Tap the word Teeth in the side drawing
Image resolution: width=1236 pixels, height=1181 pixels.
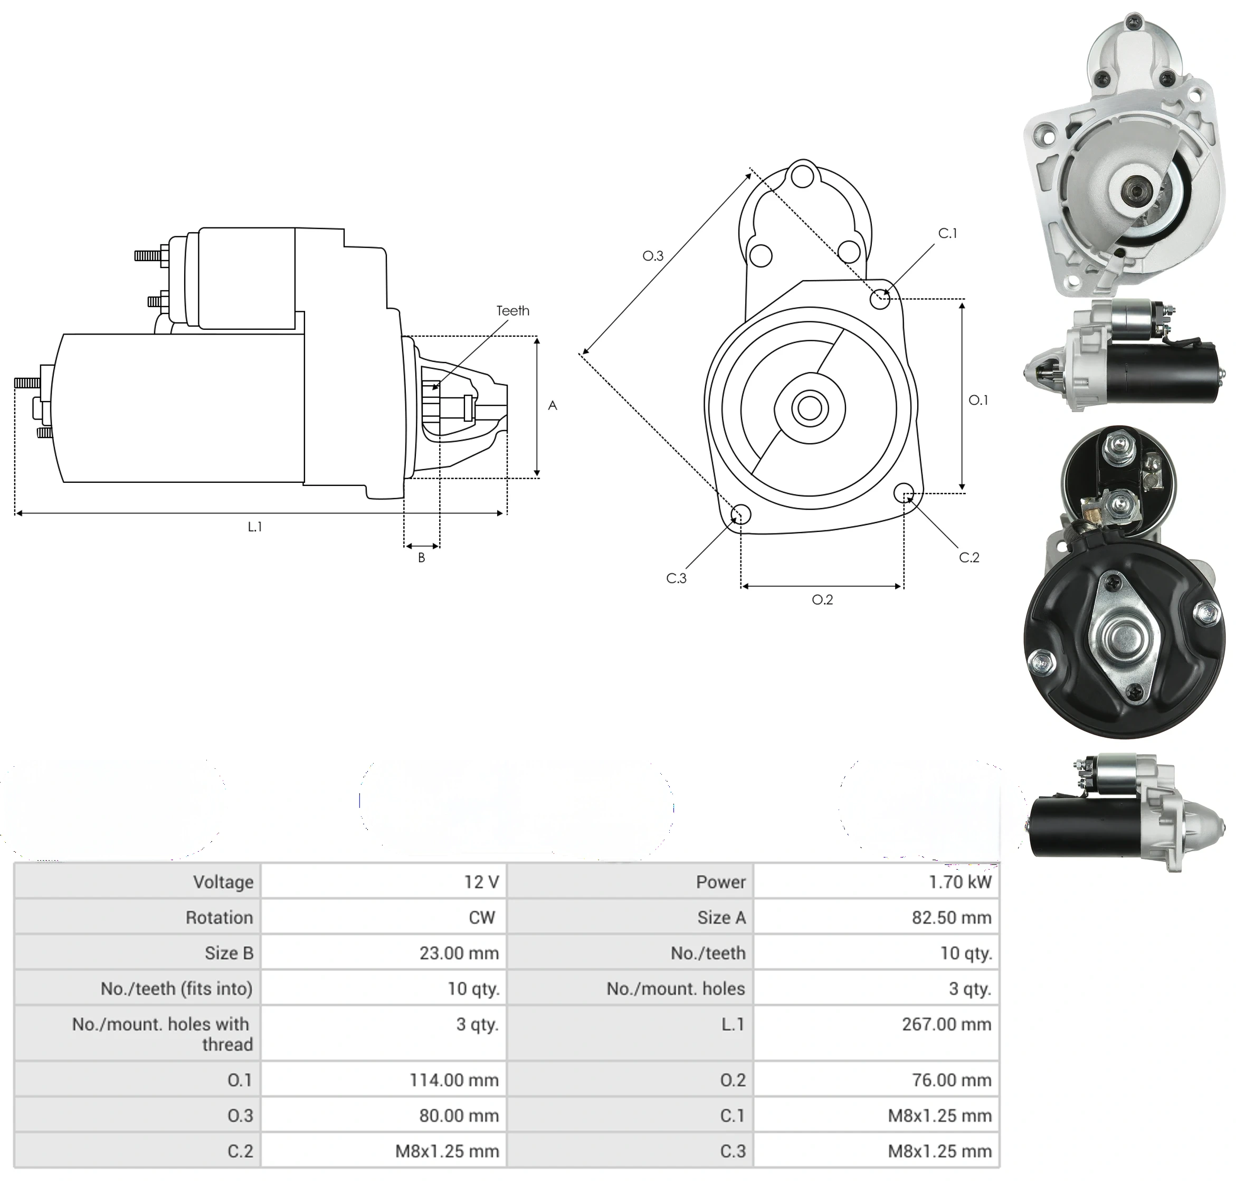512,310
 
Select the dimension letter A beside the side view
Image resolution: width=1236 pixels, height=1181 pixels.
552,405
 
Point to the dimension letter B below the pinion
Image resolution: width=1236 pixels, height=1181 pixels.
421,557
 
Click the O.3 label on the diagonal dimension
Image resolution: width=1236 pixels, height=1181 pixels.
653,255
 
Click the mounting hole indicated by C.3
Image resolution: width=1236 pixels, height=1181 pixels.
740,513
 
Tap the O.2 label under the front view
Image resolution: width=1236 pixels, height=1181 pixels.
822,599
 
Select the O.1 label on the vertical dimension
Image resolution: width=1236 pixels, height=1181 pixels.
978,400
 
